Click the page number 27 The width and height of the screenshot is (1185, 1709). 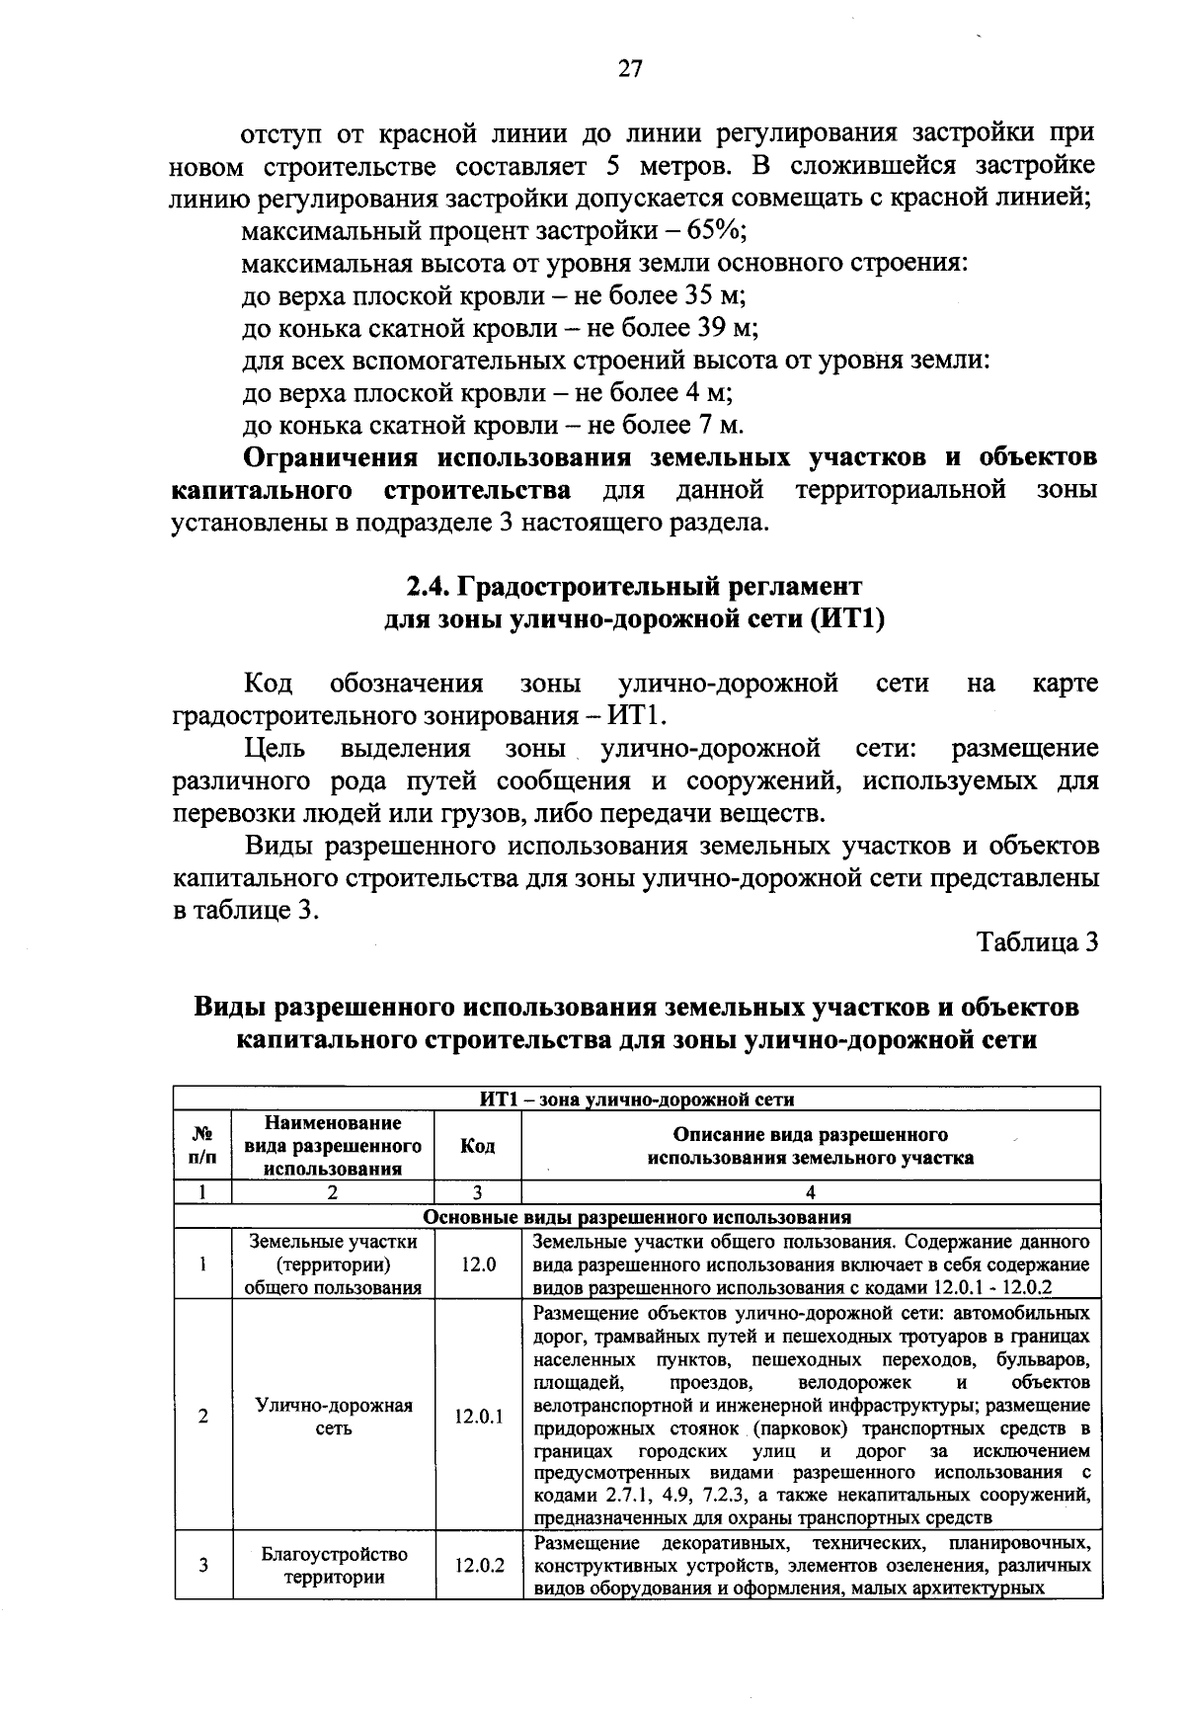click(630, 68)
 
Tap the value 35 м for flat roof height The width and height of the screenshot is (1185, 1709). click(707, 296)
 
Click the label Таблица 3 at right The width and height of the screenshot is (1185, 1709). click(1038, 941)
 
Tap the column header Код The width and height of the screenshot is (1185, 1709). click(478, 1146)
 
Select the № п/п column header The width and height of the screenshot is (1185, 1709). click(202, 1146)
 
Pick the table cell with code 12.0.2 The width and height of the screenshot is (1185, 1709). click(478, 1593)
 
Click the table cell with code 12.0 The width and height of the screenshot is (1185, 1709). click(478, 1264)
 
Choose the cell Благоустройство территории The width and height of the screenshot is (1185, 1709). click(333, 1593)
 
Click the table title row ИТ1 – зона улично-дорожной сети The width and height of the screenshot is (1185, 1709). click(637, 1099)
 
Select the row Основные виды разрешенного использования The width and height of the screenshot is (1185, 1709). click(637, 1217)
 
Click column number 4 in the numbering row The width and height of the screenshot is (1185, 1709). click(810, 1192)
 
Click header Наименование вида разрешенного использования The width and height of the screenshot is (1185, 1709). click(333, 1146)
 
